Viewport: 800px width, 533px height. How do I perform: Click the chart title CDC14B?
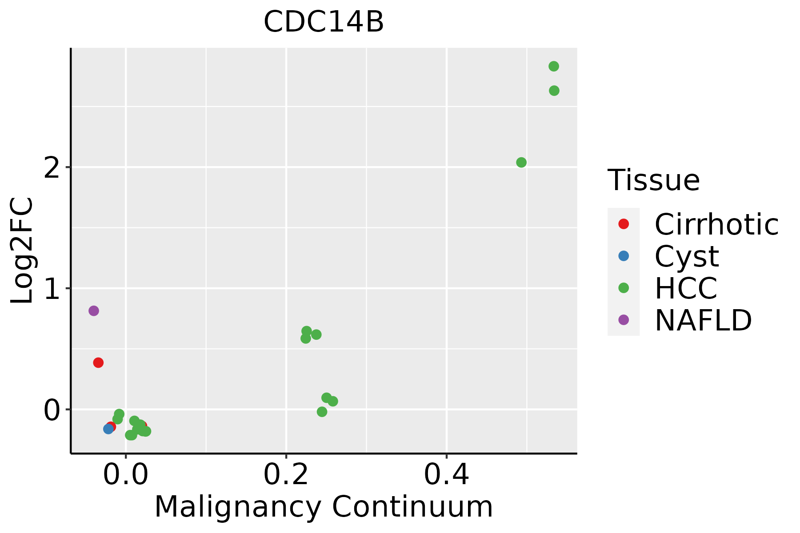click(324, 22)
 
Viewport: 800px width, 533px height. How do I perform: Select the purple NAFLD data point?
click(93, 311)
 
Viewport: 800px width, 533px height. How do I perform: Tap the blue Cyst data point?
click(108, 429)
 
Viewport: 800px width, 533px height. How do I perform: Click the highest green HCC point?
click(554, 67)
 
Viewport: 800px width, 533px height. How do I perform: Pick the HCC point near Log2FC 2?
click(521, 163)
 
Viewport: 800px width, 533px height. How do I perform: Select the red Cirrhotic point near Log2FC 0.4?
click(98, 363)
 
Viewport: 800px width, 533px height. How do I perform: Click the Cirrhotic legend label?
click(716, 224)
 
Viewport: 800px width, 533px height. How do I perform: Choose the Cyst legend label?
click(687, 256)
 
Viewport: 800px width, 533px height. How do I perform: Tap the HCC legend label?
click(686, 288)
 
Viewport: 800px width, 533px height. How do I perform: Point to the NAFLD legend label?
click(703, 320)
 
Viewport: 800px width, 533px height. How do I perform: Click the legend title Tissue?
click(653, 180)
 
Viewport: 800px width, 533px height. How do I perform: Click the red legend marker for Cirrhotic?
click(624, 224)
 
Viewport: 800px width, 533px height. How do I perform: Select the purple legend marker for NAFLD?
click(624, 320)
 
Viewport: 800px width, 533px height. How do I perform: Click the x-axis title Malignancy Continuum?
click(324, 507)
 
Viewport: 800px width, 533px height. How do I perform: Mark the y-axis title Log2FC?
click(22, 251)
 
